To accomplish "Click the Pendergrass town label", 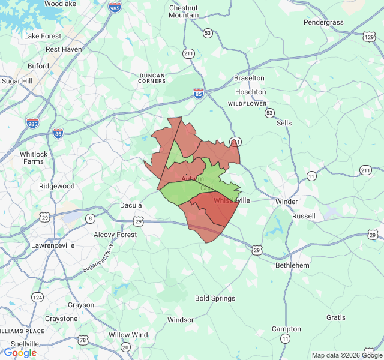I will (323, 22).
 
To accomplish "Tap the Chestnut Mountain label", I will (184, 11).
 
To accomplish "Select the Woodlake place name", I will (60, 4).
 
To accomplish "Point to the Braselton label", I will (249, 78).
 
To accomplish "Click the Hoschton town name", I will (251, 92).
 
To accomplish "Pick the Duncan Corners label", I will (152, 78).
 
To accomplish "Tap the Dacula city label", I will (131, 205).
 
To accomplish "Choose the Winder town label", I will (286, 202).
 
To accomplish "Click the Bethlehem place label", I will (292, 265).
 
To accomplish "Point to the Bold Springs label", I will (215, 298).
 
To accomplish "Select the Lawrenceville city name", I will (53, 245).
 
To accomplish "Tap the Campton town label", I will (286, 329).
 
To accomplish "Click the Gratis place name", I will (336, 317).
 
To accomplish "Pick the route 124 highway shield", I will (38, 297).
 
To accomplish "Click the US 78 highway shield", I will (83, 340).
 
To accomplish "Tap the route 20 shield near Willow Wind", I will (125, 347).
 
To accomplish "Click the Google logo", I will (20, 353).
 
